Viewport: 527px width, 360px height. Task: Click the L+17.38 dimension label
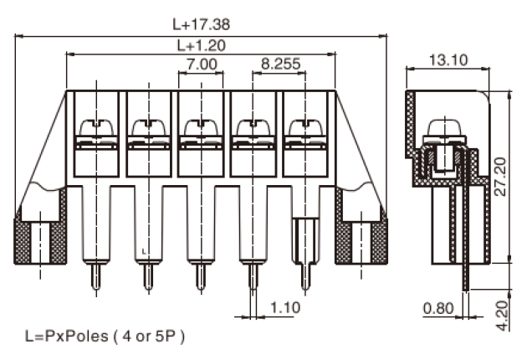coord(201,24)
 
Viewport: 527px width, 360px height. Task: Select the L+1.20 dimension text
coord(202,45)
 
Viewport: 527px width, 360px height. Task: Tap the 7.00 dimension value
coord(202,64)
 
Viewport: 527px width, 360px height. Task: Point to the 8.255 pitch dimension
coord(280,64)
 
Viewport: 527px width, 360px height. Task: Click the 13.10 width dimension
coord(448,60)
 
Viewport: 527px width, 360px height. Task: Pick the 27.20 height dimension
coord(501,177)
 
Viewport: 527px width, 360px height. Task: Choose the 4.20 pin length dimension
coord(503,316)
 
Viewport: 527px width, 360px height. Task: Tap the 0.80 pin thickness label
coord(438,308)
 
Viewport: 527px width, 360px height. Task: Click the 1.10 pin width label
coord(285,307)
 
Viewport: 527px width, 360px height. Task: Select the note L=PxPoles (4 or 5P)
coord(105,336)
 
